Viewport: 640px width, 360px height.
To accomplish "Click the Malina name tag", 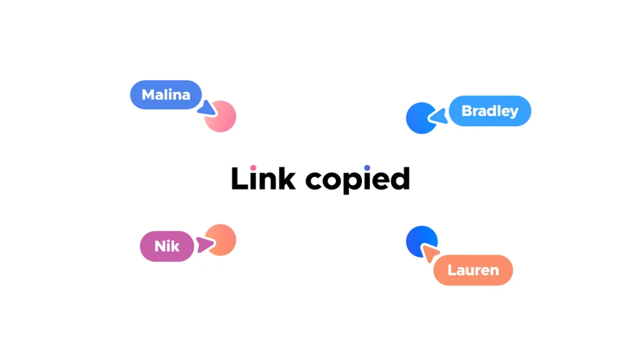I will [x=166, y=95].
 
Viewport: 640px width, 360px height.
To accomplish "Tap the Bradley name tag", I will [x=490, y=111].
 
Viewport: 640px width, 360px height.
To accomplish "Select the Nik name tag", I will [x=167, y=246].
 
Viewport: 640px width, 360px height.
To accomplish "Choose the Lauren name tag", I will [x=473, y=271].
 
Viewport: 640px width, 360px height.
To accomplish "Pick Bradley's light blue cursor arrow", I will [x=438, y=116].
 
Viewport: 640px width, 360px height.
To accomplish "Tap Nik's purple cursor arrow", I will [x=204, y=244].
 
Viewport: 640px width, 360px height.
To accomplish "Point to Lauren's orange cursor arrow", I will [x=429, y=252].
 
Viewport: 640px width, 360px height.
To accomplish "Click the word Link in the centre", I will [x=263, y=178].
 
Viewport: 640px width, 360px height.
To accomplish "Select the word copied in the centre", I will [x=357, y=180].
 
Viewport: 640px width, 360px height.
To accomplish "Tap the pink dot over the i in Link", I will [x=253, y=167].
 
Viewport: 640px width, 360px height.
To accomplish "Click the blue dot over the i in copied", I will [x=367, y=167].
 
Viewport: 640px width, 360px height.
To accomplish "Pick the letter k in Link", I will [x=287, y=178].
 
